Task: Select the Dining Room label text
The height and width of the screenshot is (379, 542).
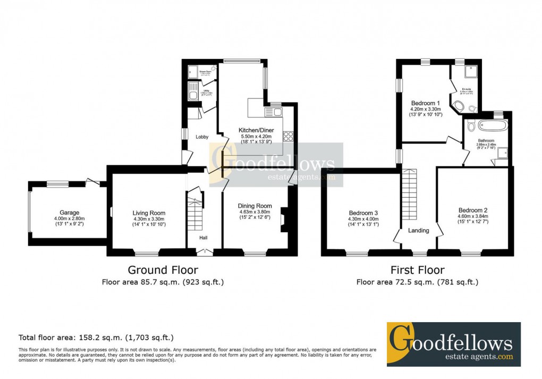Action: [255, 206]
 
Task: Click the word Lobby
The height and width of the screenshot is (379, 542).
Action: [202, 137]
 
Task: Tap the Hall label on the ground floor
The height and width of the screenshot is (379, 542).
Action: [204, 238]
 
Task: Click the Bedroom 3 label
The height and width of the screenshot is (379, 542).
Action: [363, 212]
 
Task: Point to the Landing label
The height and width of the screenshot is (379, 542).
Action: [419, 230]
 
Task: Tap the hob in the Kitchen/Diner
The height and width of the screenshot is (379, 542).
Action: [289, 136]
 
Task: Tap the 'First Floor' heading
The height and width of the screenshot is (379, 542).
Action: [417, 270]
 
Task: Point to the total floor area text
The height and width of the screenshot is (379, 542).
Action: [96, 337]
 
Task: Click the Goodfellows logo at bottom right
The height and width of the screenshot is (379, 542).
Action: [453, 343]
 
